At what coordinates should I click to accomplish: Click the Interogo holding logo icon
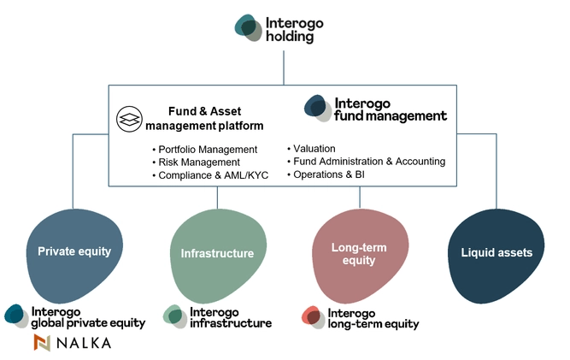point(249,28)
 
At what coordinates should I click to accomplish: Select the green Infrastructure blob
point(217,253)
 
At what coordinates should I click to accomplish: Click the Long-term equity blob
point(353,253)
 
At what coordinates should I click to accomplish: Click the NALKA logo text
point(84,343)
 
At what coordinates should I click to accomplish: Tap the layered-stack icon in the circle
point(129,119)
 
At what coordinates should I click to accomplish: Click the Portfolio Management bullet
point(199,150)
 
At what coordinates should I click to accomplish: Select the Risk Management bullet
point(195,162)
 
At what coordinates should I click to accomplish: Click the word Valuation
point(314,148)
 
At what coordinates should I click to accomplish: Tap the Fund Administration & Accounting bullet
point(368,161)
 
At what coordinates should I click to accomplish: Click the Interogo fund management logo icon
point(318,109)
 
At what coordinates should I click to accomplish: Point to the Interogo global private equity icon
point(15,316)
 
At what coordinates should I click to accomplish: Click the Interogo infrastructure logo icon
point(174,316)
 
